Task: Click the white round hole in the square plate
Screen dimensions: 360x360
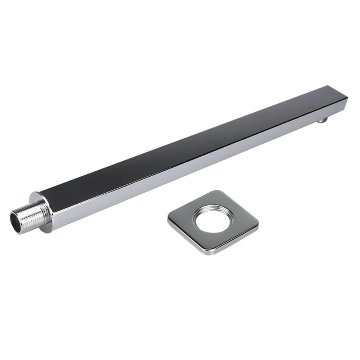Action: click(x=212, y=220)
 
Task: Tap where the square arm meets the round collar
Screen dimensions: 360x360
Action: click(x=46, y=202)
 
